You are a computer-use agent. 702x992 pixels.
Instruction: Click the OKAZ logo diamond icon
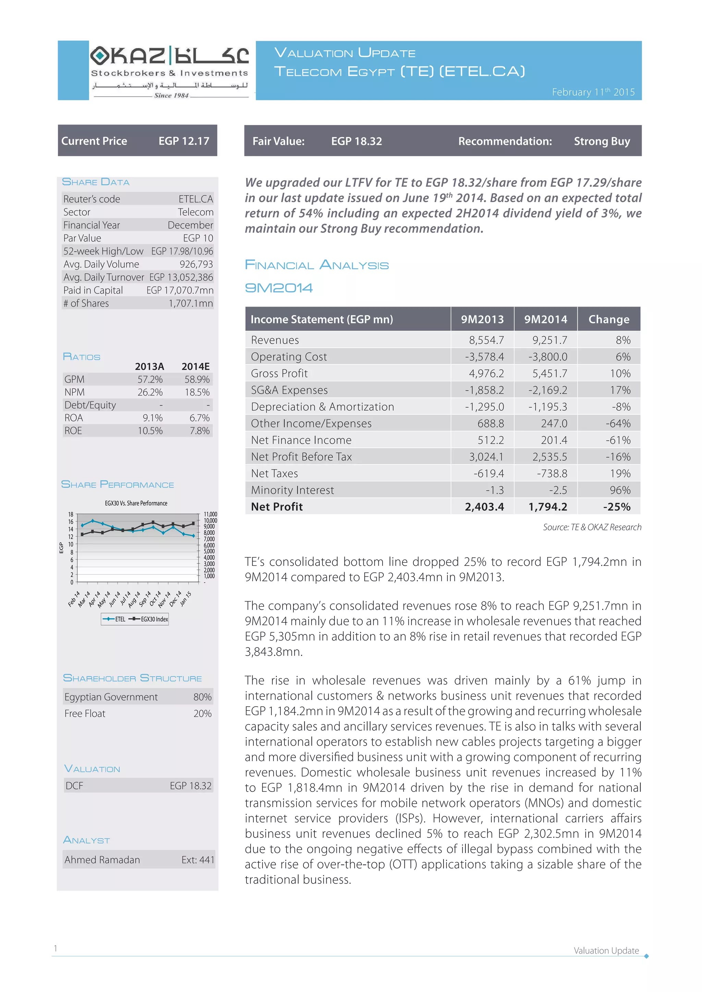100,55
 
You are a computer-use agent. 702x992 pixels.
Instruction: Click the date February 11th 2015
593,92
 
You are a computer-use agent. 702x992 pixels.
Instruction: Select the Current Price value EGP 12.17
184,141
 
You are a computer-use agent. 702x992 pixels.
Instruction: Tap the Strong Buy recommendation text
602,141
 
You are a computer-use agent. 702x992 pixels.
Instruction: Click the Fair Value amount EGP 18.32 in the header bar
356,141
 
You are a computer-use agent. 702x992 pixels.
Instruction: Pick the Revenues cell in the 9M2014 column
549,340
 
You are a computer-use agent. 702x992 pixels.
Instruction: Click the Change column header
609,319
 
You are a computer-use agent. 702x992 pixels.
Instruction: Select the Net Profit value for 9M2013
484,507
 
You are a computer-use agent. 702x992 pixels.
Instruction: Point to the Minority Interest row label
293,490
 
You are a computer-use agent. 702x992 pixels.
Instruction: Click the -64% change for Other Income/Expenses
618,423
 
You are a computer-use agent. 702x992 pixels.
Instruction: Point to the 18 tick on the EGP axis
71,514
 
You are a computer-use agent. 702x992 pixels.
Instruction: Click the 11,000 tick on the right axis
210,514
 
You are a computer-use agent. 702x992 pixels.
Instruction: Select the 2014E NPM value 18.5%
197,392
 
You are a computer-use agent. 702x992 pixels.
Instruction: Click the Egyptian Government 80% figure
202,697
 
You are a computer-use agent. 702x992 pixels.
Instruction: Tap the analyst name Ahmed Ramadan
102,860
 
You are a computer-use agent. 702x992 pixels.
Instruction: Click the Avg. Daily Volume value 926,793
196,264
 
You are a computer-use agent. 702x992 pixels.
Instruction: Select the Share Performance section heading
118,484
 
